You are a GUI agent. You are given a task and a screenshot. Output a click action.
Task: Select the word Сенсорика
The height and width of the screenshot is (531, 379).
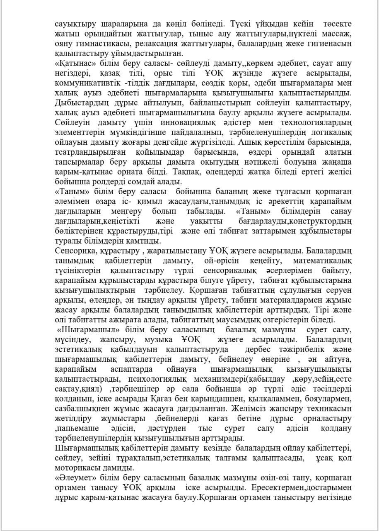(75, 251)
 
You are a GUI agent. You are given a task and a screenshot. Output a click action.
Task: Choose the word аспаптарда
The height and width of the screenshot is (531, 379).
(132, 369)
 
